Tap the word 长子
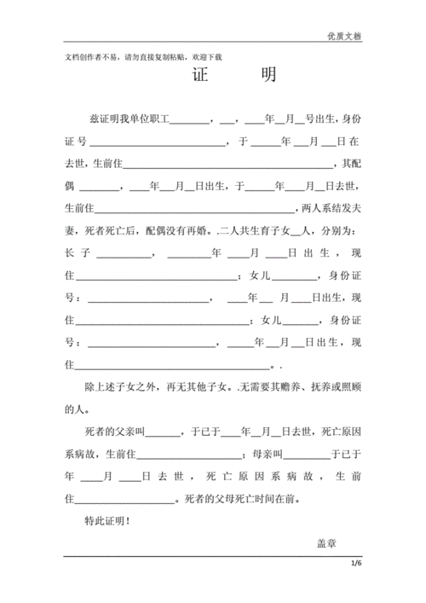(77, 253)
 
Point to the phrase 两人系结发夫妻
(331, 208)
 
